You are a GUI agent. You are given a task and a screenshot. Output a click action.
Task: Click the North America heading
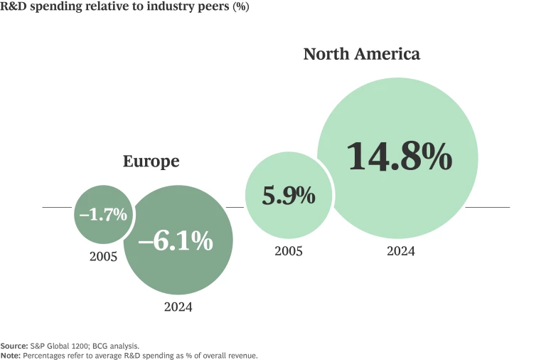click(361, 54)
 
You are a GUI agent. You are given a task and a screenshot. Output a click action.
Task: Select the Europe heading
click(151, 162)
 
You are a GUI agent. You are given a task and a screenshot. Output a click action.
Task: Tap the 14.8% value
click(400, 157)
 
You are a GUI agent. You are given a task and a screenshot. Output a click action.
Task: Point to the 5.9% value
click(288, 196)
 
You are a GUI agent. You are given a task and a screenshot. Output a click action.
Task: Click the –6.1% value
click(176, 241)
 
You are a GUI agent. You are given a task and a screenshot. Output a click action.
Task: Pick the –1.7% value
click(103, 213)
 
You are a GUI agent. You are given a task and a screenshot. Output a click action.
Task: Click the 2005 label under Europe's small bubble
click(103, 256)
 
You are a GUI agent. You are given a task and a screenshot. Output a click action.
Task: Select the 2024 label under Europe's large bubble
click(178, 307)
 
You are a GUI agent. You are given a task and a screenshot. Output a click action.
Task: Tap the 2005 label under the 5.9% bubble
click(289, 251)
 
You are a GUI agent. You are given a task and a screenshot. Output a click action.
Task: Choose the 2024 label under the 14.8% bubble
click(401, 251)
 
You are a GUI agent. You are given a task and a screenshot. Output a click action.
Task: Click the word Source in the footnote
click(14, 345)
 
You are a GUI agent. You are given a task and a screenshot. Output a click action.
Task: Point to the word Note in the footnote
click(11, 354)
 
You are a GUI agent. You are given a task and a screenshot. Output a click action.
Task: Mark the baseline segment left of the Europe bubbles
click(57, 207)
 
